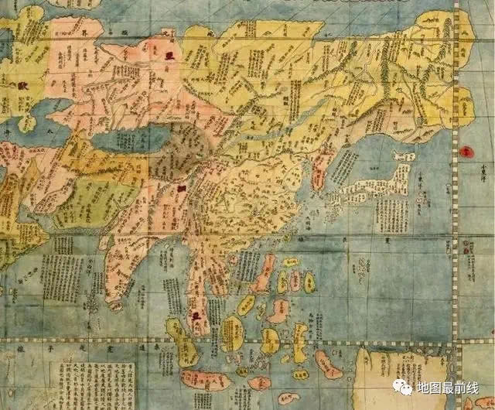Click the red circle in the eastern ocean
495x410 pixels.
tap(466, 152)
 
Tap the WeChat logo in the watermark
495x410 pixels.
tap(402, 386)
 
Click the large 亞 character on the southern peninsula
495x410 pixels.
tap(196, 316)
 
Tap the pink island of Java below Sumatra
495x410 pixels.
tap(205, 380)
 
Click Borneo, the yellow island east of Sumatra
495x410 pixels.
tap(231, 333)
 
